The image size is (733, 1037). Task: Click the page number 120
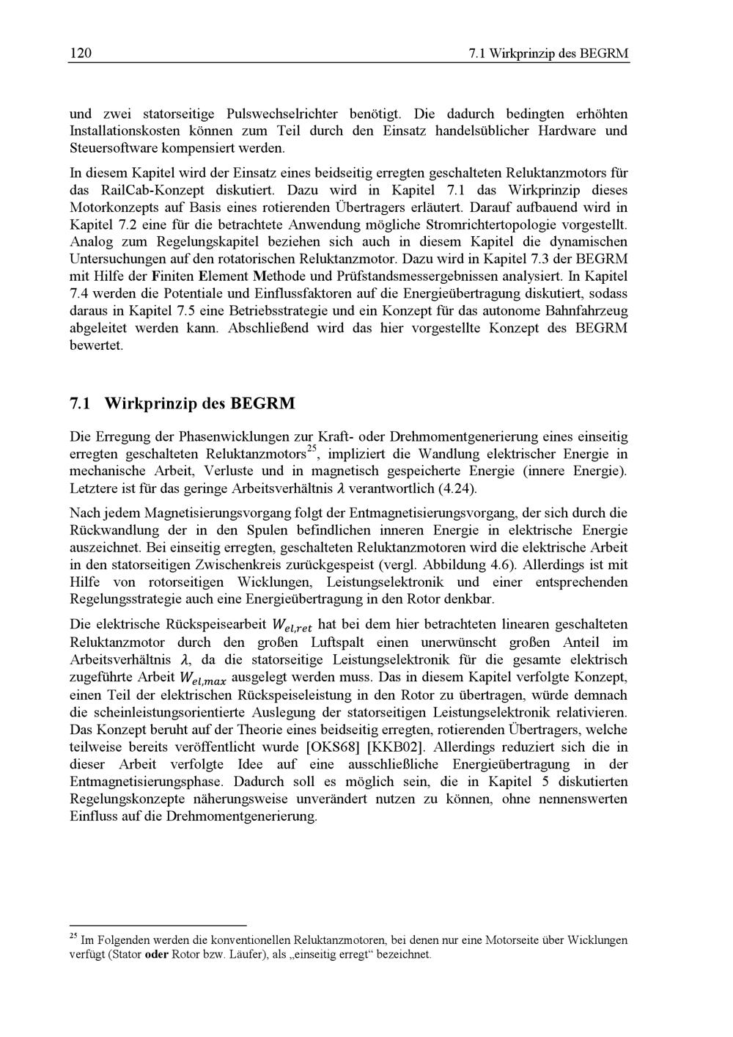point(80,54)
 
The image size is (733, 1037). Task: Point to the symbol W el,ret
point(291,626)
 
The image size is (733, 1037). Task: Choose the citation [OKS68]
point(332,747)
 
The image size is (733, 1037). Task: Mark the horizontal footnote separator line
point(158,926)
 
